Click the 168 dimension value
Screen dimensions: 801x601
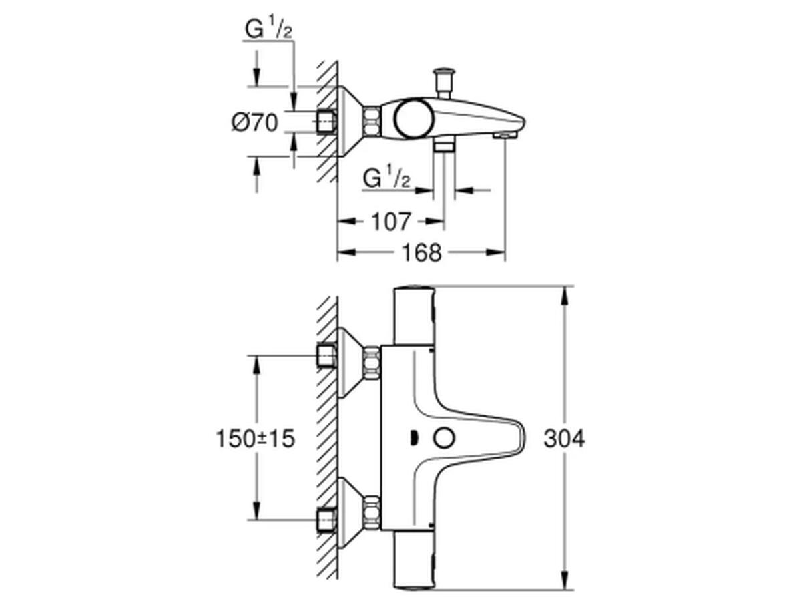pos(421,253)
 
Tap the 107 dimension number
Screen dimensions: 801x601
pos(391,222)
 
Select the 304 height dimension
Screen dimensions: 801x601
pos(564,439)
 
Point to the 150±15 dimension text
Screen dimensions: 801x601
pos(256,439)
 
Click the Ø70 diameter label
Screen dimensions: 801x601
pos(255,122)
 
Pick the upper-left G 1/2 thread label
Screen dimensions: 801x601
pos(268,27)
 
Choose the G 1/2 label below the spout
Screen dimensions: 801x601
pos(386,176)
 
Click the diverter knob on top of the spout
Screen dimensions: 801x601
pos(443,83)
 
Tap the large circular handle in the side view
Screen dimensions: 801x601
pos(413,120)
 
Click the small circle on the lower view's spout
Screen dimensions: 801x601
pos(444,439)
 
